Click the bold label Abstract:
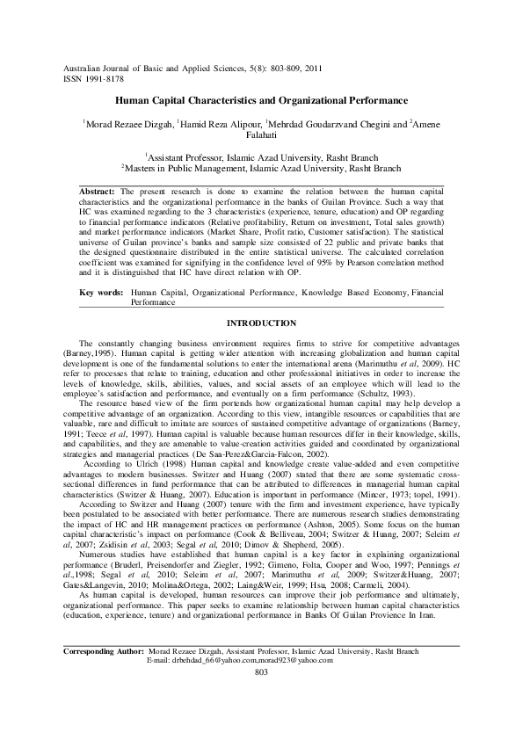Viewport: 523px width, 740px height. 97,191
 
